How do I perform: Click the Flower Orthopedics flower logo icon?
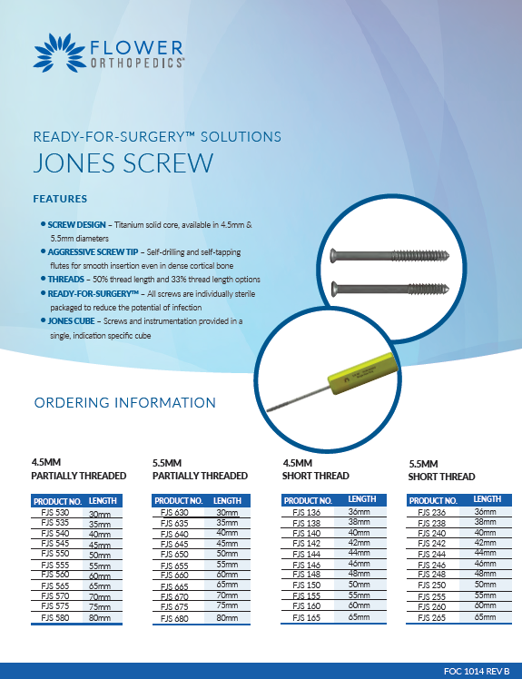[x=58, y=52]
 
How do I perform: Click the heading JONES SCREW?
[x=123, y=163]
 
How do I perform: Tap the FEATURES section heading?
[x=60, y=198]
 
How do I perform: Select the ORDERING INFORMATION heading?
[x=124, y=402]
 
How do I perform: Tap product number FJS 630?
[x=175, y=513]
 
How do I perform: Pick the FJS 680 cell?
[x=175, y=617]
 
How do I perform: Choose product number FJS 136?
[x=307, y=513]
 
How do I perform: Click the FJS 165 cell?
[x=307, y=617]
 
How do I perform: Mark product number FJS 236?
[x=432, y=513]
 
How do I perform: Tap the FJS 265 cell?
[x=432, y=617]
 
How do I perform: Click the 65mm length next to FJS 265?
[x=487, y=617]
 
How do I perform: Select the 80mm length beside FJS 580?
[x=100, y=617]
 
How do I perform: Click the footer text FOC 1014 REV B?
[x=476, y=670]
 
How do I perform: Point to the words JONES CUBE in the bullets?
[x=71, y=322]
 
